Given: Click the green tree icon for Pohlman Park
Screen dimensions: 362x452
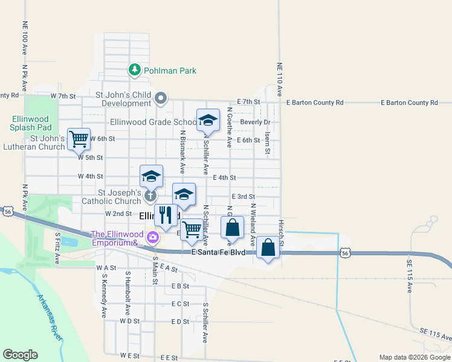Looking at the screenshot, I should pyautogui.click(x=134, y=71).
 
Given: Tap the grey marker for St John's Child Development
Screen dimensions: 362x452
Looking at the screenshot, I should pyautogui.click(x=161, y=98).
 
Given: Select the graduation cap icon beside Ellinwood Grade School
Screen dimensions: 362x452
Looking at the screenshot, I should pyautogui.click(x=207, y=120).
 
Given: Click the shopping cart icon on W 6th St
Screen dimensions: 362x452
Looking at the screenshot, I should pyautogui.click(x=79, y=139).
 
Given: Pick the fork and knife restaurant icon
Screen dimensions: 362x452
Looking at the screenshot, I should pyautogui.click(x=166, y=215).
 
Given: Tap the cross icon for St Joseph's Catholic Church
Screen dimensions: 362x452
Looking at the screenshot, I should pyautogui.click(x=150, y=195).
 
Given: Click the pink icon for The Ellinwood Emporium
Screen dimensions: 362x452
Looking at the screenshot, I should pyautogui.click(x=153, y=238).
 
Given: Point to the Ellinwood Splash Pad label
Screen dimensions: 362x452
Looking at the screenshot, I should pyautogui.click(x=28, y=122).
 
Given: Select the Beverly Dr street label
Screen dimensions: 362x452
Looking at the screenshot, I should pyautogui.click(x=254, y=122).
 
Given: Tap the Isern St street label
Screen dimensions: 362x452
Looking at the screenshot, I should pyautogui.click(x=266, y=144).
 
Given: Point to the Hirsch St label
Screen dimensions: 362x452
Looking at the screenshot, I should pyautogui.click(x=281, y=229).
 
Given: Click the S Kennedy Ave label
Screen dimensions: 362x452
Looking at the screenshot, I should pyautogui.click(x=104, y=296).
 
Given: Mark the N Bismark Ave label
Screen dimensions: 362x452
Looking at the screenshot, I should pyautogui.click(x=182, y=151).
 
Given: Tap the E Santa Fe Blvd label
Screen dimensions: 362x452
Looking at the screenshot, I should pyautogui.click(x=218, y=252).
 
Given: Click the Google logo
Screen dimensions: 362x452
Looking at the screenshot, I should pyautogui.click(x=20, y=355).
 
